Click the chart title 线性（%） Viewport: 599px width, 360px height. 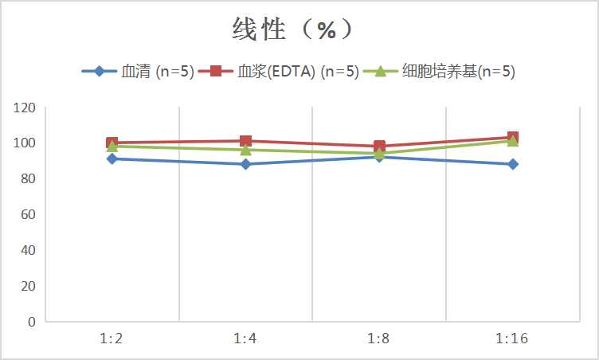[292, 30]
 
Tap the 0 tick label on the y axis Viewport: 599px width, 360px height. [32, 322]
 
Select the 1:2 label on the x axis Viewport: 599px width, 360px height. [112, 338]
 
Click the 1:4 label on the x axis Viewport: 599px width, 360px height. [245, 338]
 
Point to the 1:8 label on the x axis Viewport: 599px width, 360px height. [379, 338]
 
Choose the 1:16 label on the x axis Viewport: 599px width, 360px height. [513, 338]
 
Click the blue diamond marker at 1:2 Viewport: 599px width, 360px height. [112, 159]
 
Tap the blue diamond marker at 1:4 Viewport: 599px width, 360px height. [245, 164]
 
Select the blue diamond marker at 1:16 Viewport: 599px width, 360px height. [513, 164]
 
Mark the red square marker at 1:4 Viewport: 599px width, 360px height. [245, 141]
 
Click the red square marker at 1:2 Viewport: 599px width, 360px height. [112, 143]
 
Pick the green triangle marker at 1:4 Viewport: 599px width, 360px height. [245, 150]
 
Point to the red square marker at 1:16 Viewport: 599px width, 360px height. [513, 137]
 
